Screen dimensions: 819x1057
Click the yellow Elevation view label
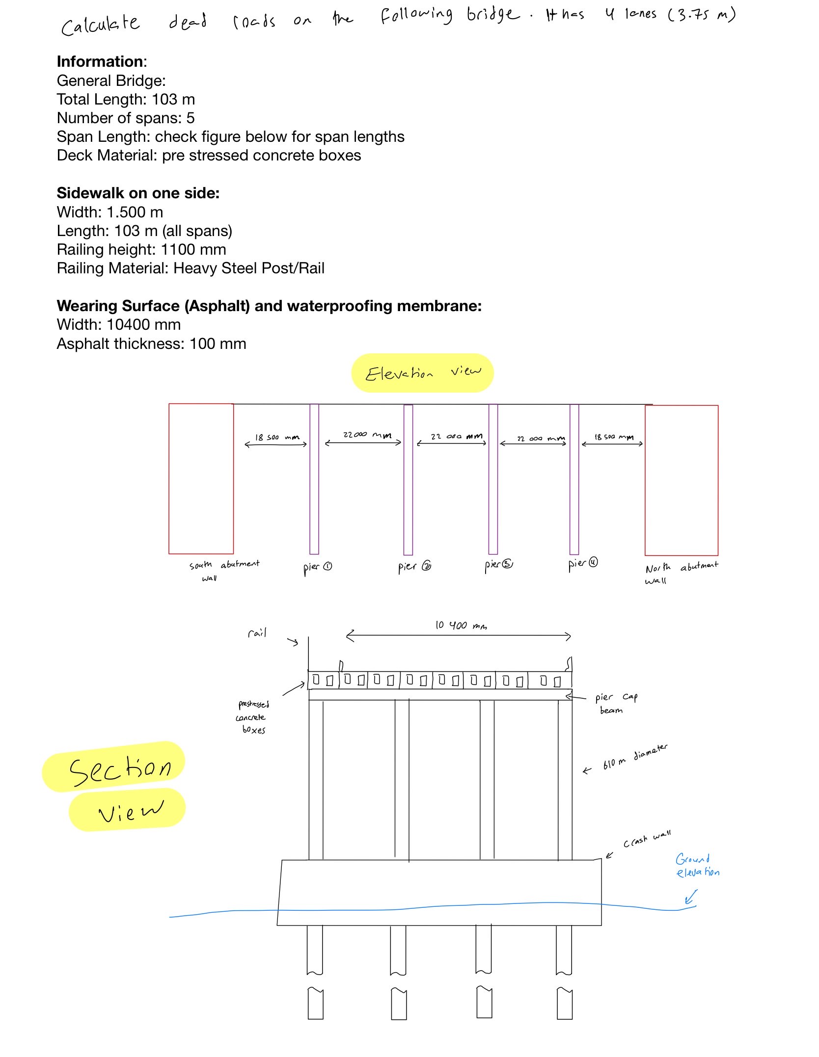(422, 373)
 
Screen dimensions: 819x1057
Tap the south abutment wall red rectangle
(201, 478)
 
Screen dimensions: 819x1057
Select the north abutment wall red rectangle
(681, 480)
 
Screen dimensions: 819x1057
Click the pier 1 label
(317, 567)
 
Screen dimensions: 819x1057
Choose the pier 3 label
(498, 565)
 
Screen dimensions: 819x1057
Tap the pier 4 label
(583, 564)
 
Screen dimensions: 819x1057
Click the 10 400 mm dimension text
(461, 626)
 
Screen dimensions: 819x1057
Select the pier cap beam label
(616, 703)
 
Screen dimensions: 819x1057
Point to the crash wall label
(647, 840)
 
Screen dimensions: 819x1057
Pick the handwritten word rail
(257, 633)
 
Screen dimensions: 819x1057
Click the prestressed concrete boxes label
(253, 717)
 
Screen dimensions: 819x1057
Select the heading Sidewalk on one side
(138, 193)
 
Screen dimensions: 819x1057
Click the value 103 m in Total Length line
(173, 99)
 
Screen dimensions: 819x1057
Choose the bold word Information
(101, 61)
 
